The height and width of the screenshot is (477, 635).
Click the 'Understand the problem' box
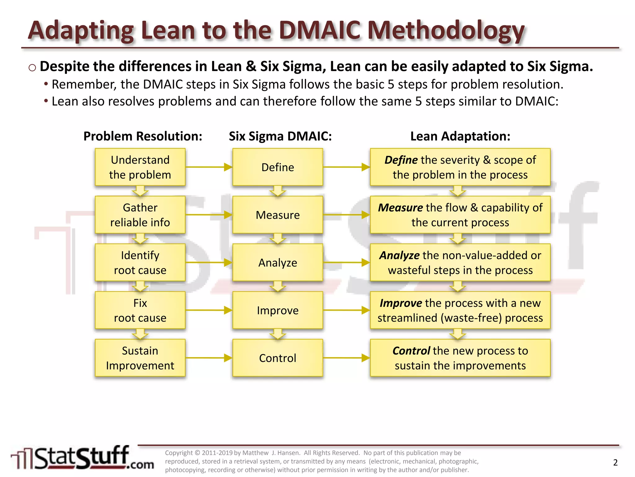[140, 167]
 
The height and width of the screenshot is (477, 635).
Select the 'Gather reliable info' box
[140, 215]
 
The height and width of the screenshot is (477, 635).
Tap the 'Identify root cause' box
[140, 262]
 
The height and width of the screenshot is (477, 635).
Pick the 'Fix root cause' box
[140, 310]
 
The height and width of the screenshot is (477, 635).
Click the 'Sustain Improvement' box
[140, 358]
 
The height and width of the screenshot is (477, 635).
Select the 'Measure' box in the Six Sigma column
[278, 215]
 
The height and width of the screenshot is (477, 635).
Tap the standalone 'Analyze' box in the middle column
[278, 262]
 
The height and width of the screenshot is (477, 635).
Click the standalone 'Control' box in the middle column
[278, 358]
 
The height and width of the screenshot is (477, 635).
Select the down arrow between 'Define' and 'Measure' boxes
[278, 191]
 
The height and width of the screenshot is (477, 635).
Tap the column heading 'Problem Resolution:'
[143, 136]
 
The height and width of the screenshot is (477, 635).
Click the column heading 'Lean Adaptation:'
[460, 136]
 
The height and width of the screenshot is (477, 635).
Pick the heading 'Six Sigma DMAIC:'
[280, 136]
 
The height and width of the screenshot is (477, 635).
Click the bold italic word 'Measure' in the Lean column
[400, 207]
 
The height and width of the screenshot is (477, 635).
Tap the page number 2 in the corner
[615, 462]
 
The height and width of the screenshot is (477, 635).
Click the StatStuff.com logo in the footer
[82, 458]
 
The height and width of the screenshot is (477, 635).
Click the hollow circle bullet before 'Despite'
[32, 67]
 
